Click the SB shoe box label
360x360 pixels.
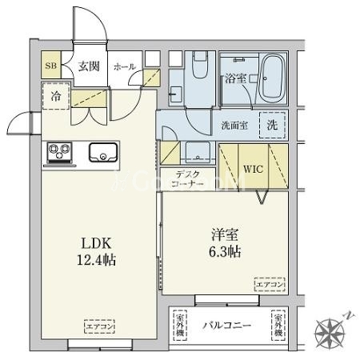(50, 66)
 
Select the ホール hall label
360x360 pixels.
(125, 66)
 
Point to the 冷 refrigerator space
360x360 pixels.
(56, 95)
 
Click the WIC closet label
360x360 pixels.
(252, 169)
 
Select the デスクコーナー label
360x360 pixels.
(190, 179)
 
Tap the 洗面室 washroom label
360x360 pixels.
(234, 125)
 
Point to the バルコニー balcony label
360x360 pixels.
(226, 326)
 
